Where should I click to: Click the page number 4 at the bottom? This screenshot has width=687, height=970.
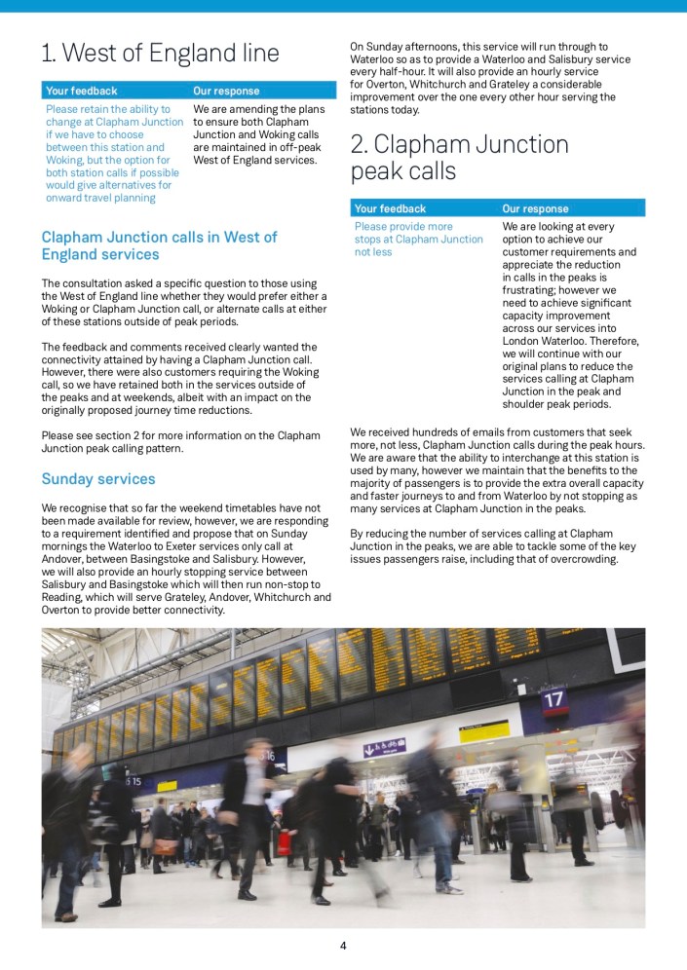pyautogui.click(x=343, y=945)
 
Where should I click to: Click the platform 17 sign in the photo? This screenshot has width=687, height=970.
pyautogui.click(x=553, y=699)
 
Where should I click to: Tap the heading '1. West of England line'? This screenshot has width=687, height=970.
pyautogui.click(x=160, y=53)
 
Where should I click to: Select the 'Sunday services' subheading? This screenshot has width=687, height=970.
pyautogui.click(x=97, y=479)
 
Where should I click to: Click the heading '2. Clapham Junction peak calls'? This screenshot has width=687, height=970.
pyautogui.click(x=459, y=158)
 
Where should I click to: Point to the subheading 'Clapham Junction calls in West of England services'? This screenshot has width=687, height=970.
pyautogui.click(x=159, y=245)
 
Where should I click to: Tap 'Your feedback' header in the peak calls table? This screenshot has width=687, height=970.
pyautogui.click(x=390, y=208)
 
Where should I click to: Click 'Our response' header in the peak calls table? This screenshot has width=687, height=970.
pyautogui.click(x=535, y=208)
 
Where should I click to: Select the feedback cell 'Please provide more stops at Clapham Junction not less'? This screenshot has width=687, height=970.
pyautogui.click(x=418, y=240)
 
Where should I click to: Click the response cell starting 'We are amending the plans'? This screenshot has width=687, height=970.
pyautogui.click(x=255, y=134)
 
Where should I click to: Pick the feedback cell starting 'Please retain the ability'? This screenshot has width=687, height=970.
pyautogui.click(x=114, y=154)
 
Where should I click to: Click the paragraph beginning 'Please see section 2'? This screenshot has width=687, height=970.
pyautogui.click(x=180, y=442)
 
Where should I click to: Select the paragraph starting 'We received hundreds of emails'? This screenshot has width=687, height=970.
pyautogui.click(x=496, y=469)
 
